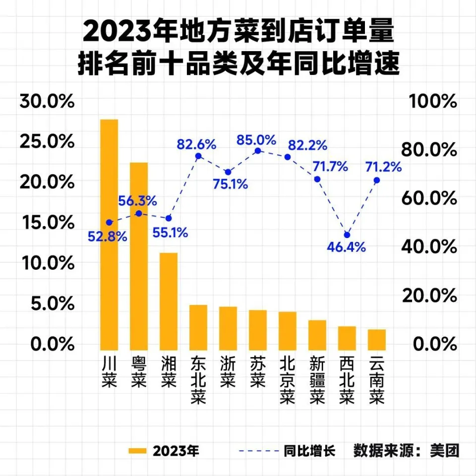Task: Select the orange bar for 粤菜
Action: pyautogui.click(x=139, y=255)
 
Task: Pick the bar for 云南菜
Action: pyautogui.click(x=377, y=340)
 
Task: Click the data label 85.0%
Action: pyautogui.click(x=256, y=140)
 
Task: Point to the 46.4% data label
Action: pyautogui.click(x=347, y=246)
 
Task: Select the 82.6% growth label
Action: pyautogui.click(x=196, y=145)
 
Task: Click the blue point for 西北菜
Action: pyautogui.click(x=347, y=235)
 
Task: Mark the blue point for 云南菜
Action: pyautogui.click(x=377, y=180)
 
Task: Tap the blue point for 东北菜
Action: pyautogui.click(x=198, y=156)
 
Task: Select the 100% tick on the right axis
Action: pyautogui.click(x=431, y=102)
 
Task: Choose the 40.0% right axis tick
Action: pyautogui.click(x=431, y=246)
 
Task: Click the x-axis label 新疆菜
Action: pyautogui.click(x=317, y=379)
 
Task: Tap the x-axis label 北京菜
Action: pyautogui.click(x=288, y=379)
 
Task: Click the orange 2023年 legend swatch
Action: pyautogui.click(x=137, y=451)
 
